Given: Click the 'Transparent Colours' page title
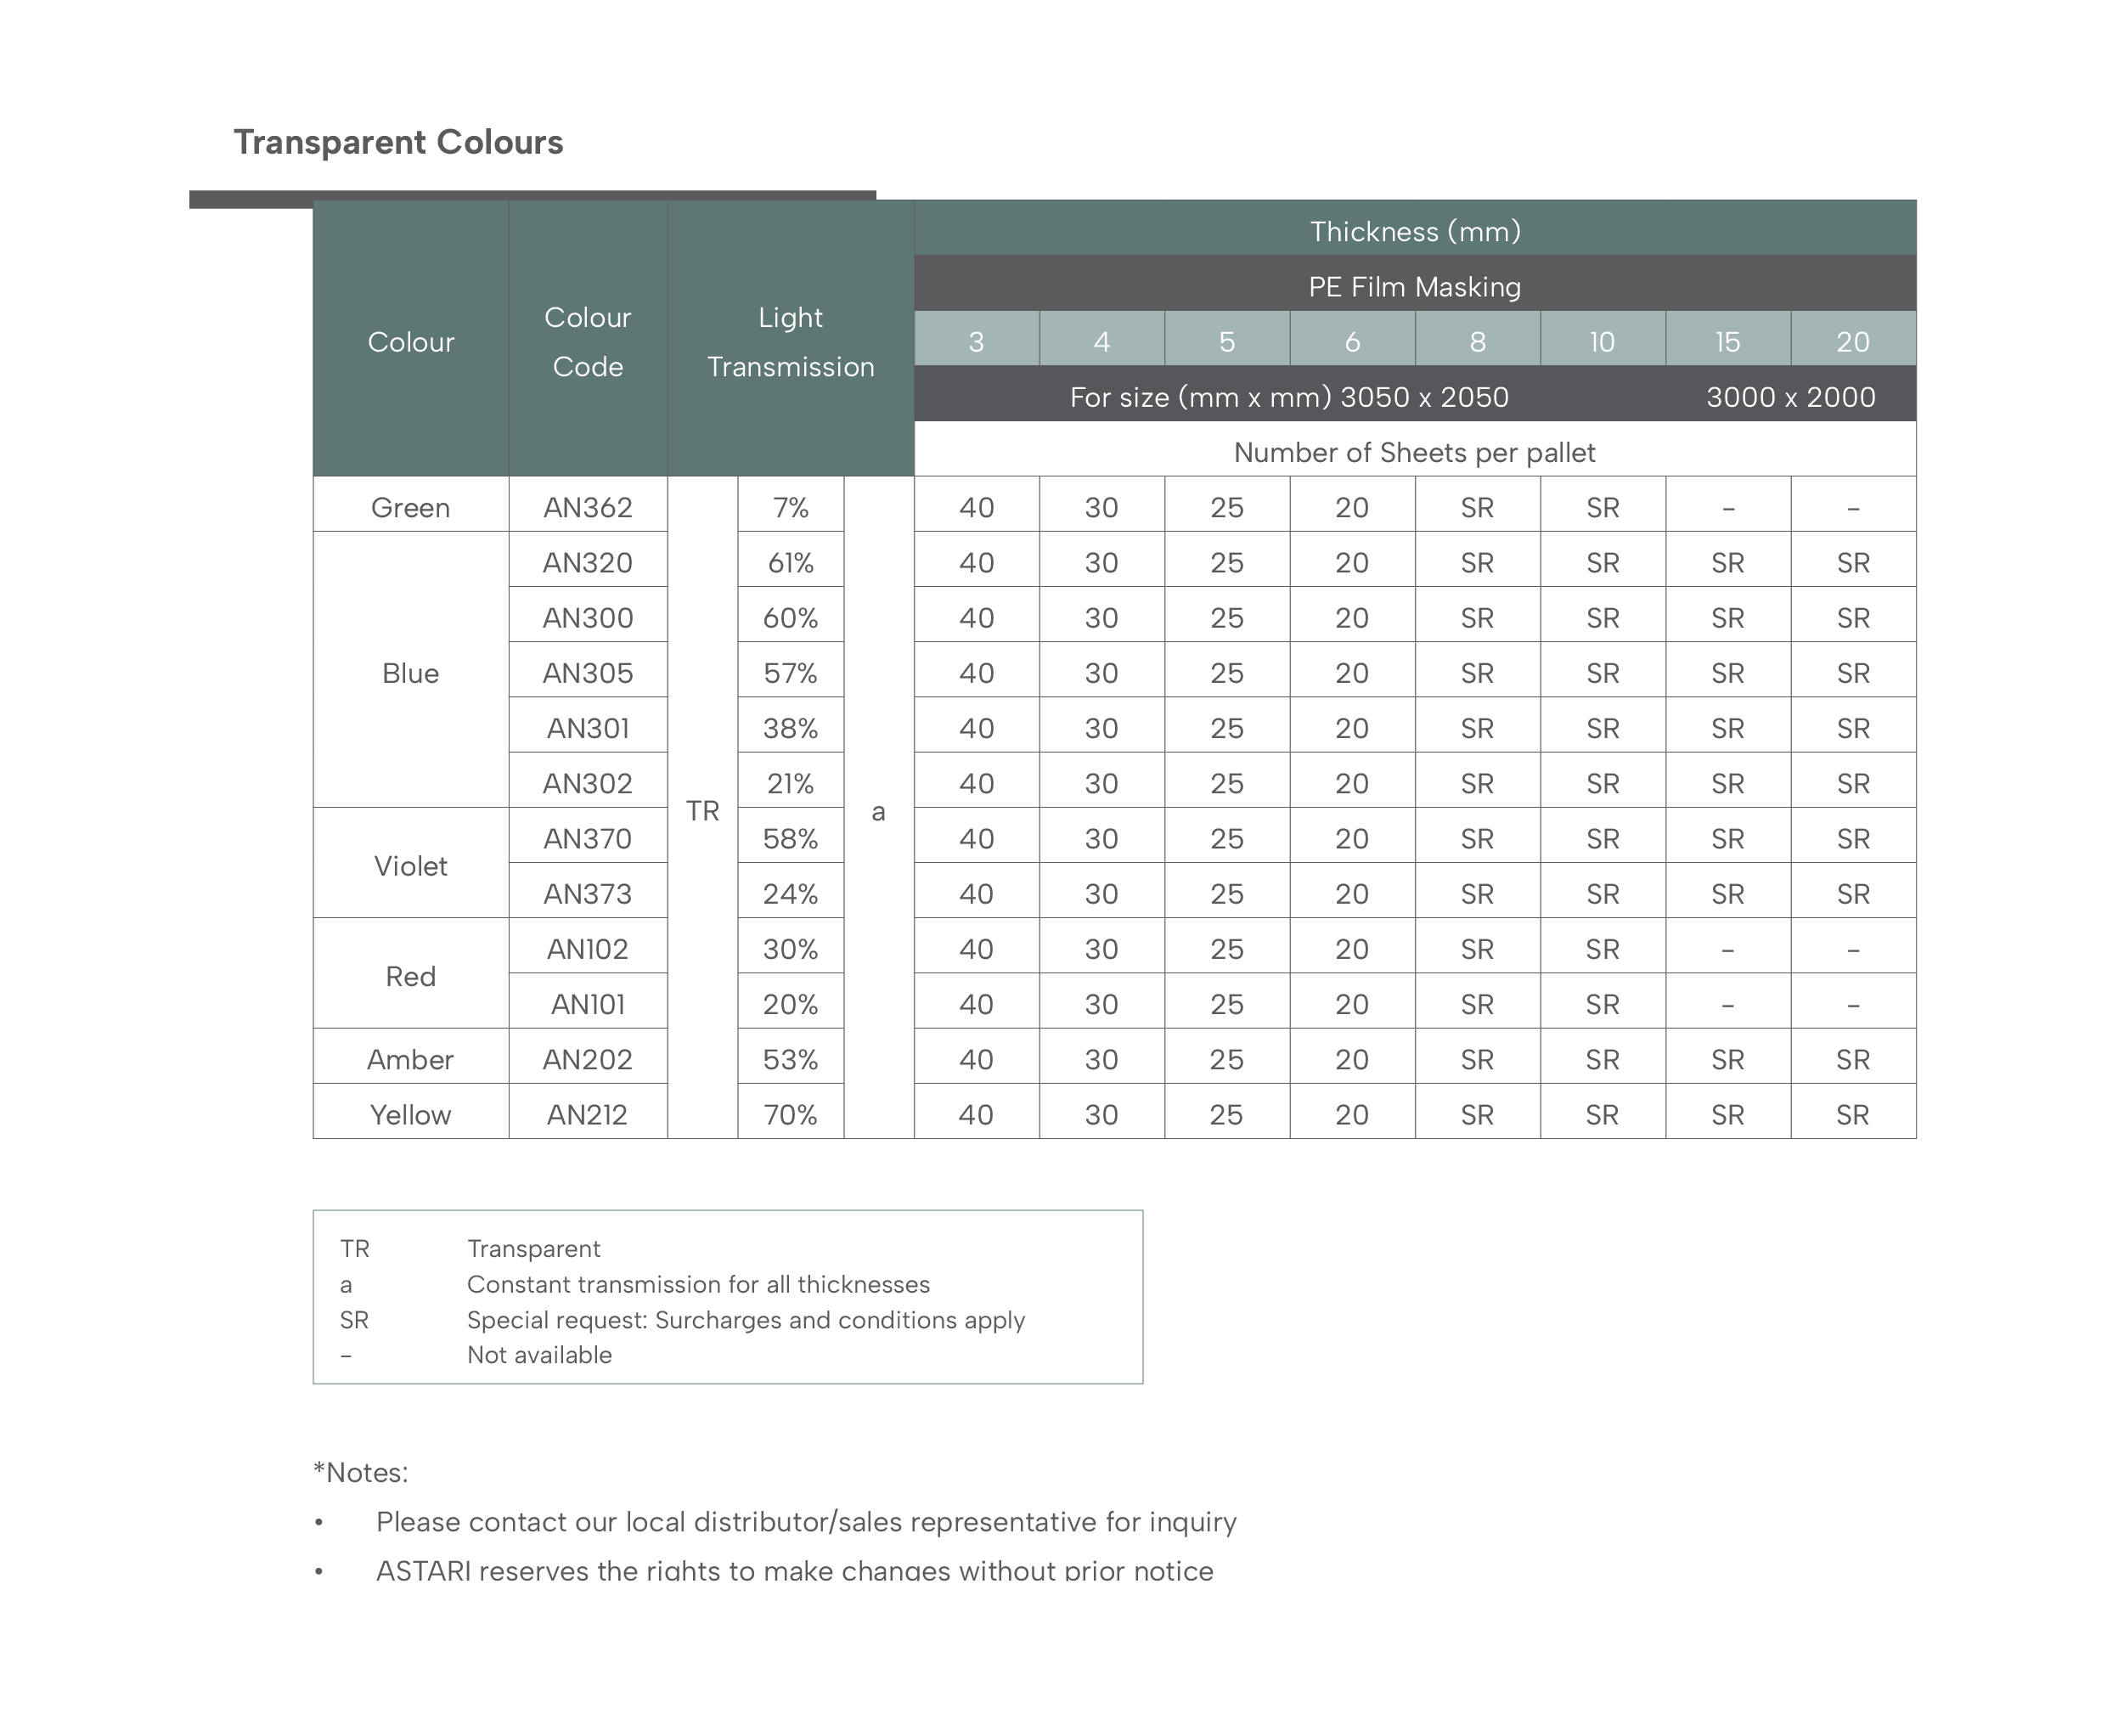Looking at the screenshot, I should (397, 142).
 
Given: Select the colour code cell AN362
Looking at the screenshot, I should (587, 508).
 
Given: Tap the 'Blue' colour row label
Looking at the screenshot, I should (410, 673).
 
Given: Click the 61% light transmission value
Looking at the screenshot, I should (790, 562).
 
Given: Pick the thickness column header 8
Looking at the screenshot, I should (1477, 341).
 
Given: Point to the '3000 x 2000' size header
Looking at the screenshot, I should (1790, 397).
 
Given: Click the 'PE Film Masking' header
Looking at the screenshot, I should (1414, 286).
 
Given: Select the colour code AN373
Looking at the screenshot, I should (587, 894).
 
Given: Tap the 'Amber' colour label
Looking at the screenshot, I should (410, 1059).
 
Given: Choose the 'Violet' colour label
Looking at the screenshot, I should (410, 865).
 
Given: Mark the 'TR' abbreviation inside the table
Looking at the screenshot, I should (702, 811).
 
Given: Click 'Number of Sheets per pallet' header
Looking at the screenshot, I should (1414, 452).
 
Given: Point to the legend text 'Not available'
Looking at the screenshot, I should (539, 1355).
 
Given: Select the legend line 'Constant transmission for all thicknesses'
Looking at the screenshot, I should (698, 1284).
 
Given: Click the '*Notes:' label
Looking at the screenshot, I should (361, 1472).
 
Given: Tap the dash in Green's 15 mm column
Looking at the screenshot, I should (1727, 509).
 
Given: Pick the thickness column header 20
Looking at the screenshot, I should (1853, 341).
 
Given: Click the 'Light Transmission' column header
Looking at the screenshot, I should (790, 341).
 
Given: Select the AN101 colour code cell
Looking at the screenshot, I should (587, 1004).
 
